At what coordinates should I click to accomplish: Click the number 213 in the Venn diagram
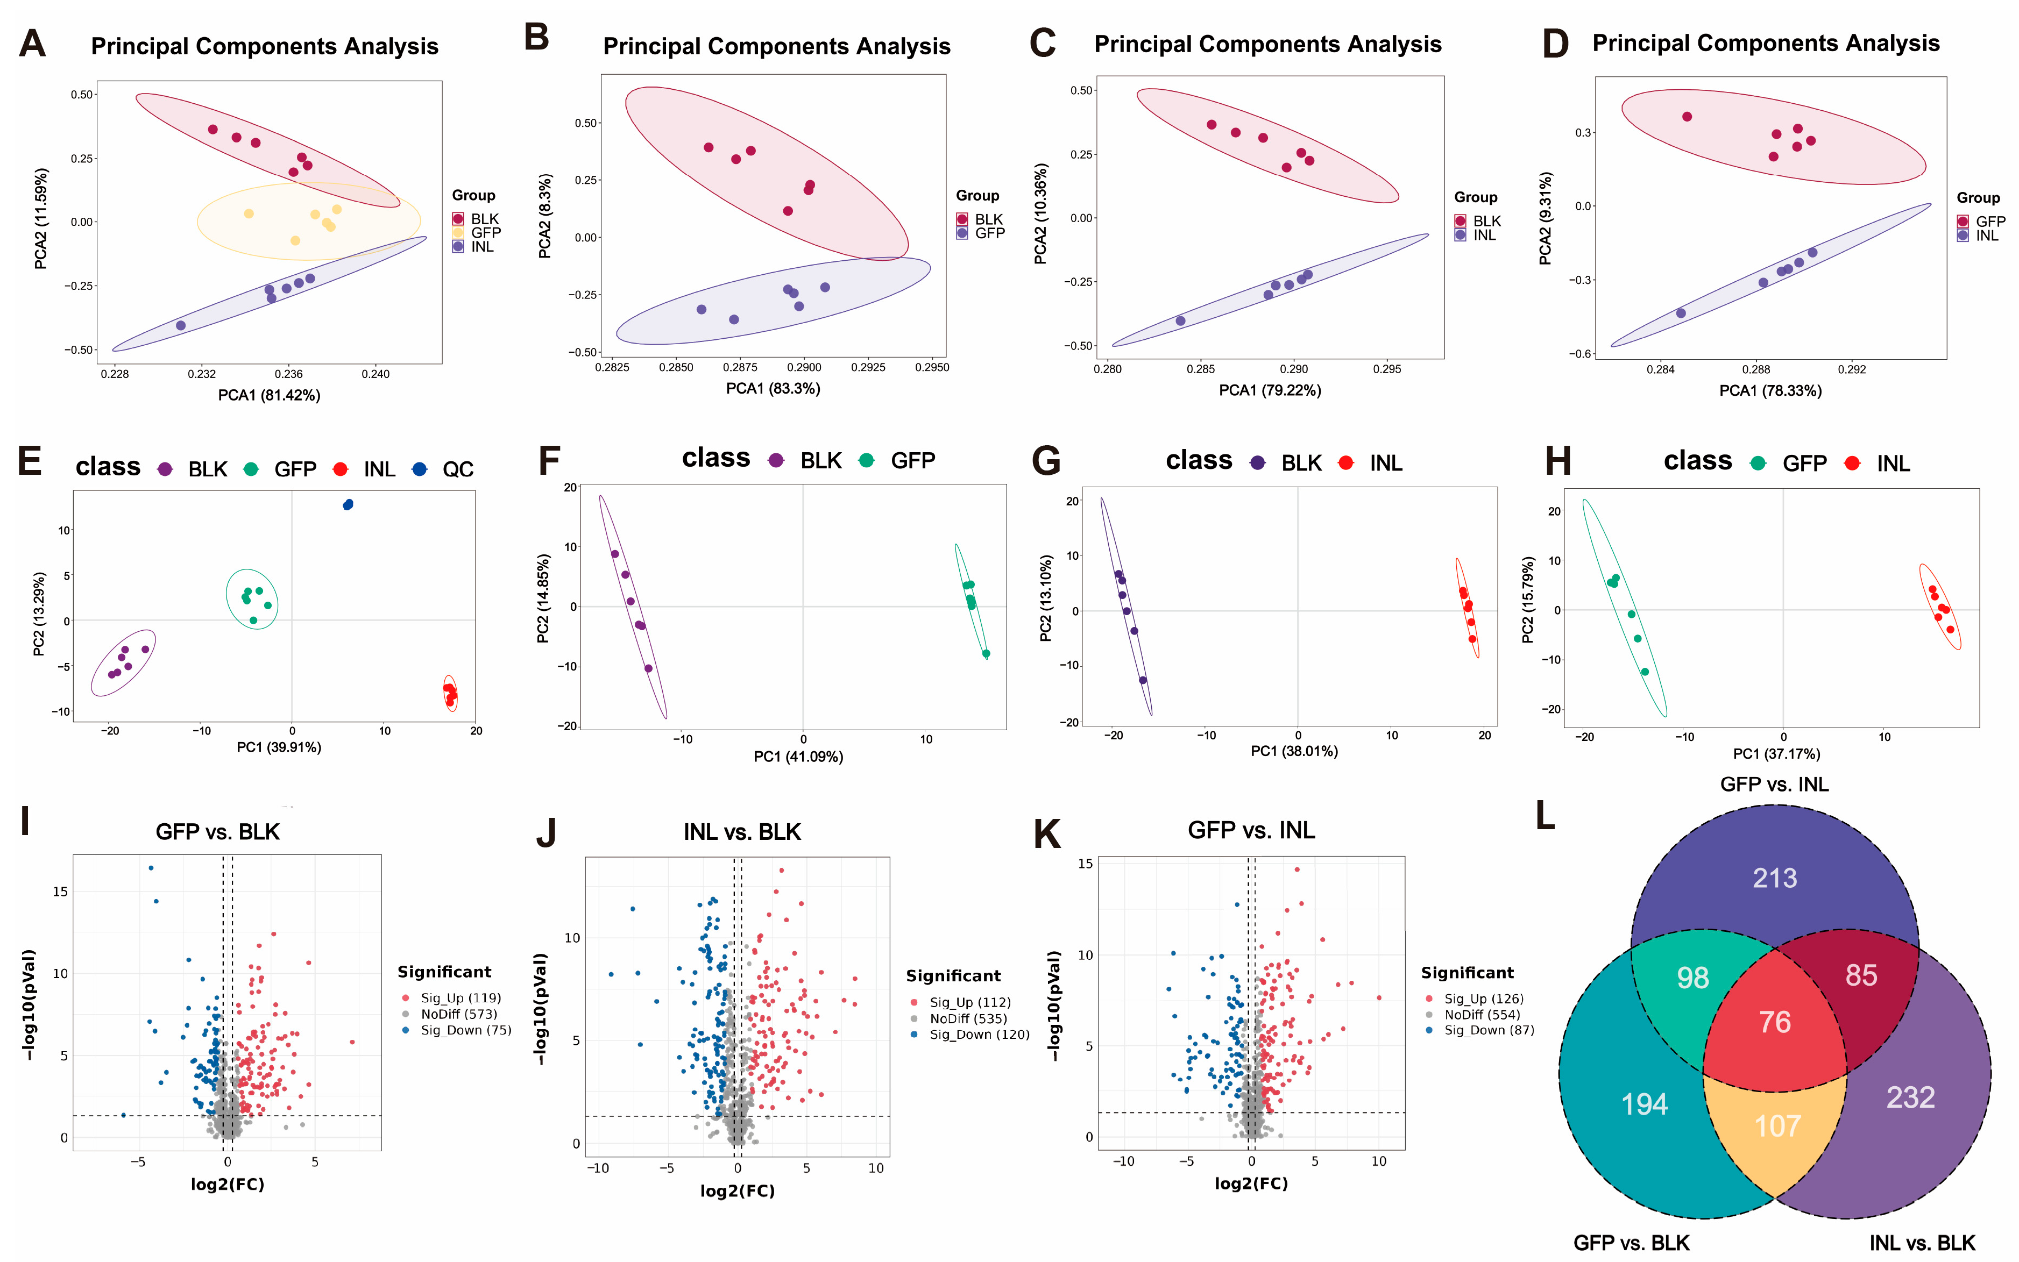1774,878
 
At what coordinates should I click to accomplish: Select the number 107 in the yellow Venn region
1777,1126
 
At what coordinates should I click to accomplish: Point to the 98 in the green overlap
1692,978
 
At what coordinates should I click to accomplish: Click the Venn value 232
1910,1097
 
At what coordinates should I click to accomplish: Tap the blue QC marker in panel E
348,504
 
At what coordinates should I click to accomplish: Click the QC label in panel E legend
458,470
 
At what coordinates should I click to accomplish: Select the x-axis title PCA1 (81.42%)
269,395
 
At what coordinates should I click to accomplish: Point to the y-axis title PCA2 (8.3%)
546,216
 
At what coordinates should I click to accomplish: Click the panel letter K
1047,834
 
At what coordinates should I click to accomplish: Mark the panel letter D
1555,44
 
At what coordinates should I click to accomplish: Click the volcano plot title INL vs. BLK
741,832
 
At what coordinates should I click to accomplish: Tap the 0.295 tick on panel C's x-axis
1387,369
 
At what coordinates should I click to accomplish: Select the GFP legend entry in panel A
485,233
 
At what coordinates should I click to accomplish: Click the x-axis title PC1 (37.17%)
1776,754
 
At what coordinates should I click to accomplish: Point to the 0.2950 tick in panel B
932,367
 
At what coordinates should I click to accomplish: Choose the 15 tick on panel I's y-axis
60,892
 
